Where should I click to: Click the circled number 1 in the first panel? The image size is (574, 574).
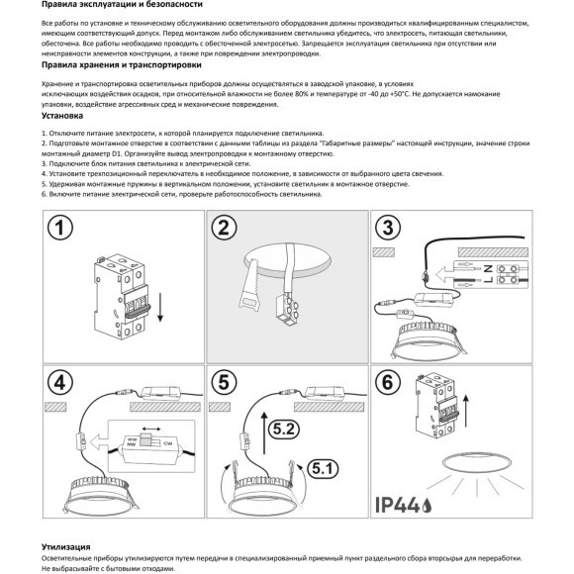pos(62,229)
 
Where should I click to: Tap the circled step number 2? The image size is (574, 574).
pos(226,229)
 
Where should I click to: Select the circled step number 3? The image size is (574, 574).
pos(389,229)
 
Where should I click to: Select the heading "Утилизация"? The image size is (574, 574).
pos(67,545)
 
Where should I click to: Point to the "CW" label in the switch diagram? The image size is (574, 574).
pos(169,443)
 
